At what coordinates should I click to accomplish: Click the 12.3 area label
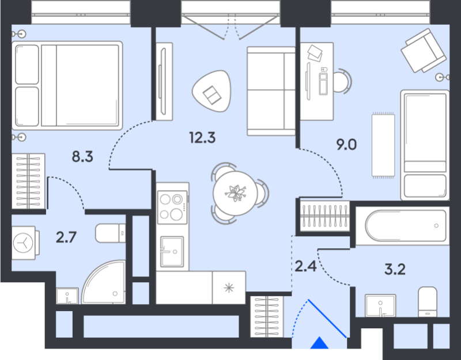tap(199, 138)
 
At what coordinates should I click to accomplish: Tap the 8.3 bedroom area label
tap(82, 156)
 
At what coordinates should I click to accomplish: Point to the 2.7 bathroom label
tap(67, 236)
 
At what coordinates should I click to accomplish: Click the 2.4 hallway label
tap(305, 267)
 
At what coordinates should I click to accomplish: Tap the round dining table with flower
tap(236, 194)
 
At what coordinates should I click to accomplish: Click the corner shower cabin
tap(105, 283)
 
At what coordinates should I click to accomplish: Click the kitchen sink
tap(172, 252)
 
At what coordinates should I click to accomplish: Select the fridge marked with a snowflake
tap(229, 288)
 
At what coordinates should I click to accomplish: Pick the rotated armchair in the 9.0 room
tap(424, 51)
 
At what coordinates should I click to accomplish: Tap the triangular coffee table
tap(211, 92)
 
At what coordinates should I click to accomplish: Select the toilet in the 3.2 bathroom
tap(428, 301)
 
